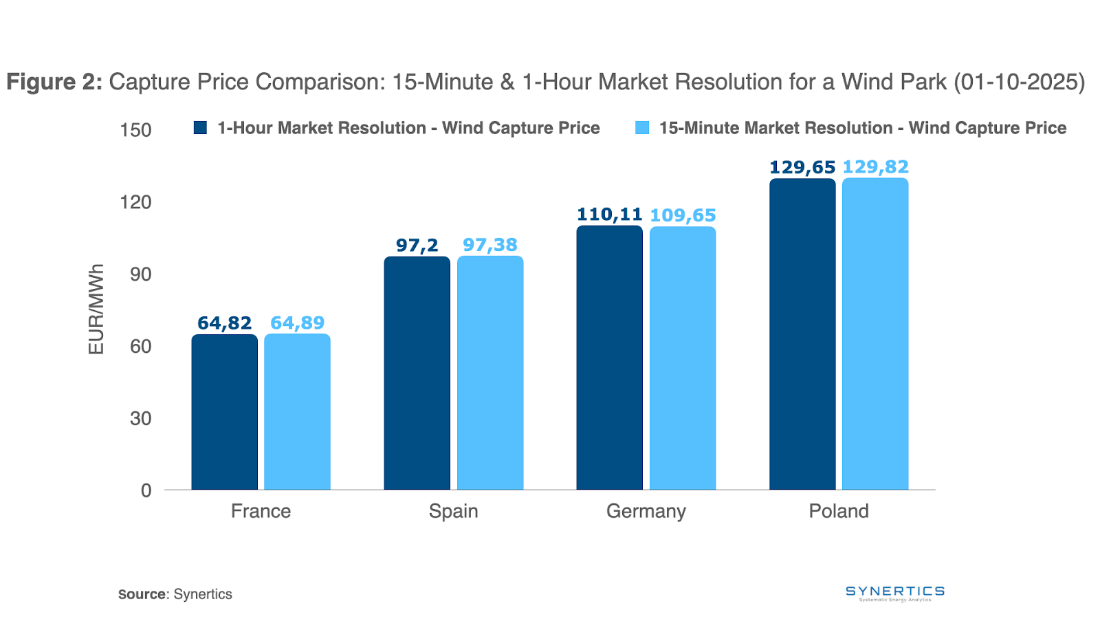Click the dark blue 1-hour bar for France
click(224, 412)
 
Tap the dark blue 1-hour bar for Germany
click(609, 358)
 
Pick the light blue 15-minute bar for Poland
click(875, 334)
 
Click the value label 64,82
click(224, 323)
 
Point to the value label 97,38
click(490, 245)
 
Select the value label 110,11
click(609, 215)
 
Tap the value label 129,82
click(875, 167)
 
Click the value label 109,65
click(683, 215)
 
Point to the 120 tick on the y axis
click(136, 202)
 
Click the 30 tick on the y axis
click(140, 418)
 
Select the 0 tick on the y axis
click(146, 490)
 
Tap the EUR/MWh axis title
click(96, 309)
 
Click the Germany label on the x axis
click(646, 511)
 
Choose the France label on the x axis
click(261, 511)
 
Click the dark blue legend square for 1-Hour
click(200, 128)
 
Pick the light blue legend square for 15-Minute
click(642, 128)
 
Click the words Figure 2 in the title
click(54, 82)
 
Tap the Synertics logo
click(894, 593)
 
